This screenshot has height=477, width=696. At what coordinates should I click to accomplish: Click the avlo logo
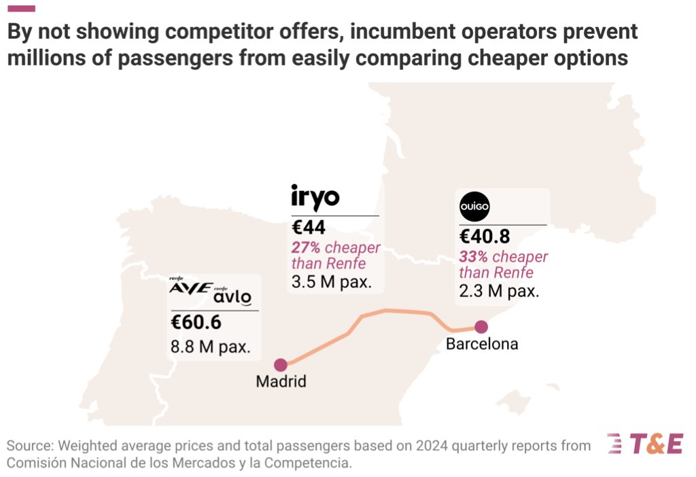232,297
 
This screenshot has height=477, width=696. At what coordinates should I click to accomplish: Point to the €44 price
309,229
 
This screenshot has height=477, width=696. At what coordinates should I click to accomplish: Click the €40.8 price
485,238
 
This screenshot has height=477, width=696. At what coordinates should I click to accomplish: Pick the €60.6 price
196,323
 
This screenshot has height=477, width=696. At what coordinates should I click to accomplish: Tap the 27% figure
307,248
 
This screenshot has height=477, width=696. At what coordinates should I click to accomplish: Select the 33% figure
474,257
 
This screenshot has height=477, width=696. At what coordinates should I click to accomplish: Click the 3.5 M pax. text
331,281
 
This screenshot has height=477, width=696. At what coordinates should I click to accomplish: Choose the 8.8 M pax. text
211,347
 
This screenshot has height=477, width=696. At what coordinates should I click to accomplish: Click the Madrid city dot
280,366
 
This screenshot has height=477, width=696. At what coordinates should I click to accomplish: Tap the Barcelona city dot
481,327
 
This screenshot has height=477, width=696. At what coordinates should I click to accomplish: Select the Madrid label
281,382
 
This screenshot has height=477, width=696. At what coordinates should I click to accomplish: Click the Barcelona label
482,344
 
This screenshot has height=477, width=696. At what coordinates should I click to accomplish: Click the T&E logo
644,444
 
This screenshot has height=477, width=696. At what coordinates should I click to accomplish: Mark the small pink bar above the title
21,9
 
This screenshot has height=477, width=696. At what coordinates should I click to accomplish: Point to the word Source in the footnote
29,446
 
